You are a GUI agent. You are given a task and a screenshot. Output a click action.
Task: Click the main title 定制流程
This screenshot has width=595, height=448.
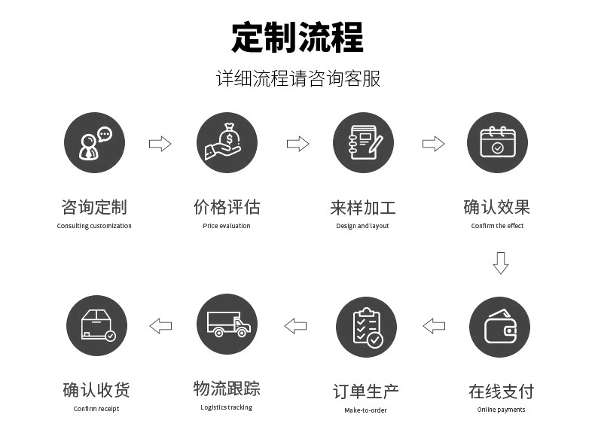point(297,37)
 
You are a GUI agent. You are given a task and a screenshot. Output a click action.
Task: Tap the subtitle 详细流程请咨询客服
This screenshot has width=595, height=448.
point(297,78)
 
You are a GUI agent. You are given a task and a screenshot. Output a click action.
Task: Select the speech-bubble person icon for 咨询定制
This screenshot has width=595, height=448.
point(94,143)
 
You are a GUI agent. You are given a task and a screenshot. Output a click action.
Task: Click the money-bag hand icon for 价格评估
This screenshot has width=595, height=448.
point(227,143)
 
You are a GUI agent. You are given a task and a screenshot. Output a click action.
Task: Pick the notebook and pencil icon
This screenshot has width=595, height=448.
point(363,143)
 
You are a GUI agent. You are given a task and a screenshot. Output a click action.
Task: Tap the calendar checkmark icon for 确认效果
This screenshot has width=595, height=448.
point(497,143)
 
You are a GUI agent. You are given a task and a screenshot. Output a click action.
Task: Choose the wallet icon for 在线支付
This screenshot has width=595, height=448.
point(499,327)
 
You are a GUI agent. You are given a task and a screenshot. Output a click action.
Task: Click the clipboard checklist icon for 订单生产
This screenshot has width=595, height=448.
point(366,327)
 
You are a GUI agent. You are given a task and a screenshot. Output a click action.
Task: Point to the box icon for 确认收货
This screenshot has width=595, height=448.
point(96,325)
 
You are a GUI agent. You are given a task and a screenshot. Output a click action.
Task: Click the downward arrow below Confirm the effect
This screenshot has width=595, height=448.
point(501,263)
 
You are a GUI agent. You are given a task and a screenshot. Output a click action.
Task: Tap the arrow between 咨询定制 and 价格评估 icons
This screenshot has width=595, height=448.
point(160,144)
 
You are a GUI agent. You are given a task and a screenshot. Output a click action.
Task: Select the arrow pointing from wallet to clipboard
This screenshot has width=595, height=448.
point(434,326)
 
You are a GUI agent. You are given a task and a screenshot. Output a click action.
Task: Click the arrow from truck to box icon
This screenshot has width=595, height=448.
point(160,326)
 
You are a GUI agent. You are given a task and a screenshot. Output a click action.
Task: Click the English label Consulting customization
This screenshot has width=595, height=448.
point(94,226)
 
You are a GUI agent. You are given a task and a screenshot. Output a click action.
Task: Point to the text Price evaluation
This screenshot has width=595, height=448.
point(227,226)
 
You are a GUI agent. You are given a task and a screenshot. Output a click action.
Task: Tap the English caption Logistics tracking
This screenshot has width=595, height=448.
point(227,407)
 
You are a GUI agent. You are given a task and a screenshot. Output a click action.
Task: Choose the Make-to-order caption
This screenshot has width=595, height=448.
point(366,410)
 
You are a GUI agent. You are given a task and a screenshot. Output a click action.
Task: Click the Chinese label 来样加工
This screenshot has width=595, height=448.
point(363,207)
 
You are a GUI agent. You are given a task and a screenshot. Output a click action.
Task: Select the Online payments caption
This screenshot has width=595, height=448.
point(501,410)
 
